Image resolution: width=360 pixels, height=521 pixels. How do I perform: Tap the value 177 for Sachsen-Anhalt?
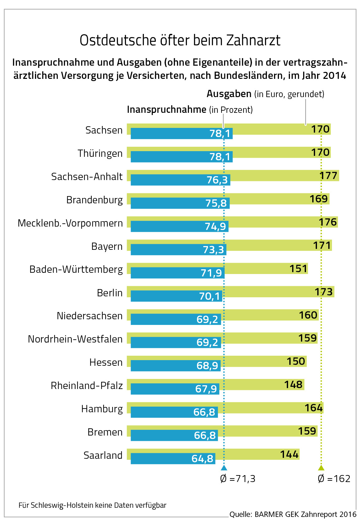[329, 176]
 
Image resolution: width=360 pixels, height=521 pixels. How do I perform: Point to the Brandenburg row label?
[94, 200]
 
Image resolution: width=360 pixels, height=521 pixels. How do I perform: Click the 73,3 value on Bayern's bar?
[213, 250]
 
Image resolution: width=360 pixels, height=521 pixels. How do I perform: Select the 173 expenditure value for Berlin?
[324, 292]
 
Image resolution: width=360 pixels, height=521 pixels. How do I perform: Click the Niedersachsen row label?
[90, 316]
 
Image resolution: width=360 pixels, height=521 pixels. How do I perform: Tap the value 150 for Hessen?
[296, 361]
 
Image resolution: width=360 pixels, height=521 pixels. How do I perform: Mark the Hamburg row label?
[102, 409]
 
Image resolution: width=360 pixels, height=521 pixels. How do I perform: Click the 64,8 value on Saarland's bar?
[203, 459]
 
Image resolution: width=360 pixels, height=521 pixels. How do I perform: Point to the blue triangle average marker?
[224, 468]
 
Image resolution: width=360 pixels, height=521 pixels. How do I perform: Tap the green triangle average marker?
[321, 468]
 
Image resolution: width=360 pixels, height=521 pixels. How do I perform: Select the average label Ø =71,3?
[238, 479]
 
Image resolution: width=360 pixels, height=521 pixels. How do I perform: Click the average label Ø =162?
[334, 479]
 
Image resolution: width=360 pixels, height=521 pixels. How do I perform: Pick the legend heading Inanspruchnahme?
[166, 110]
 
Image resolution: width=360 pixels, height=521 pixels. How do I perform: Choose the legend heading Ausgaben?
[229, 94]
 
